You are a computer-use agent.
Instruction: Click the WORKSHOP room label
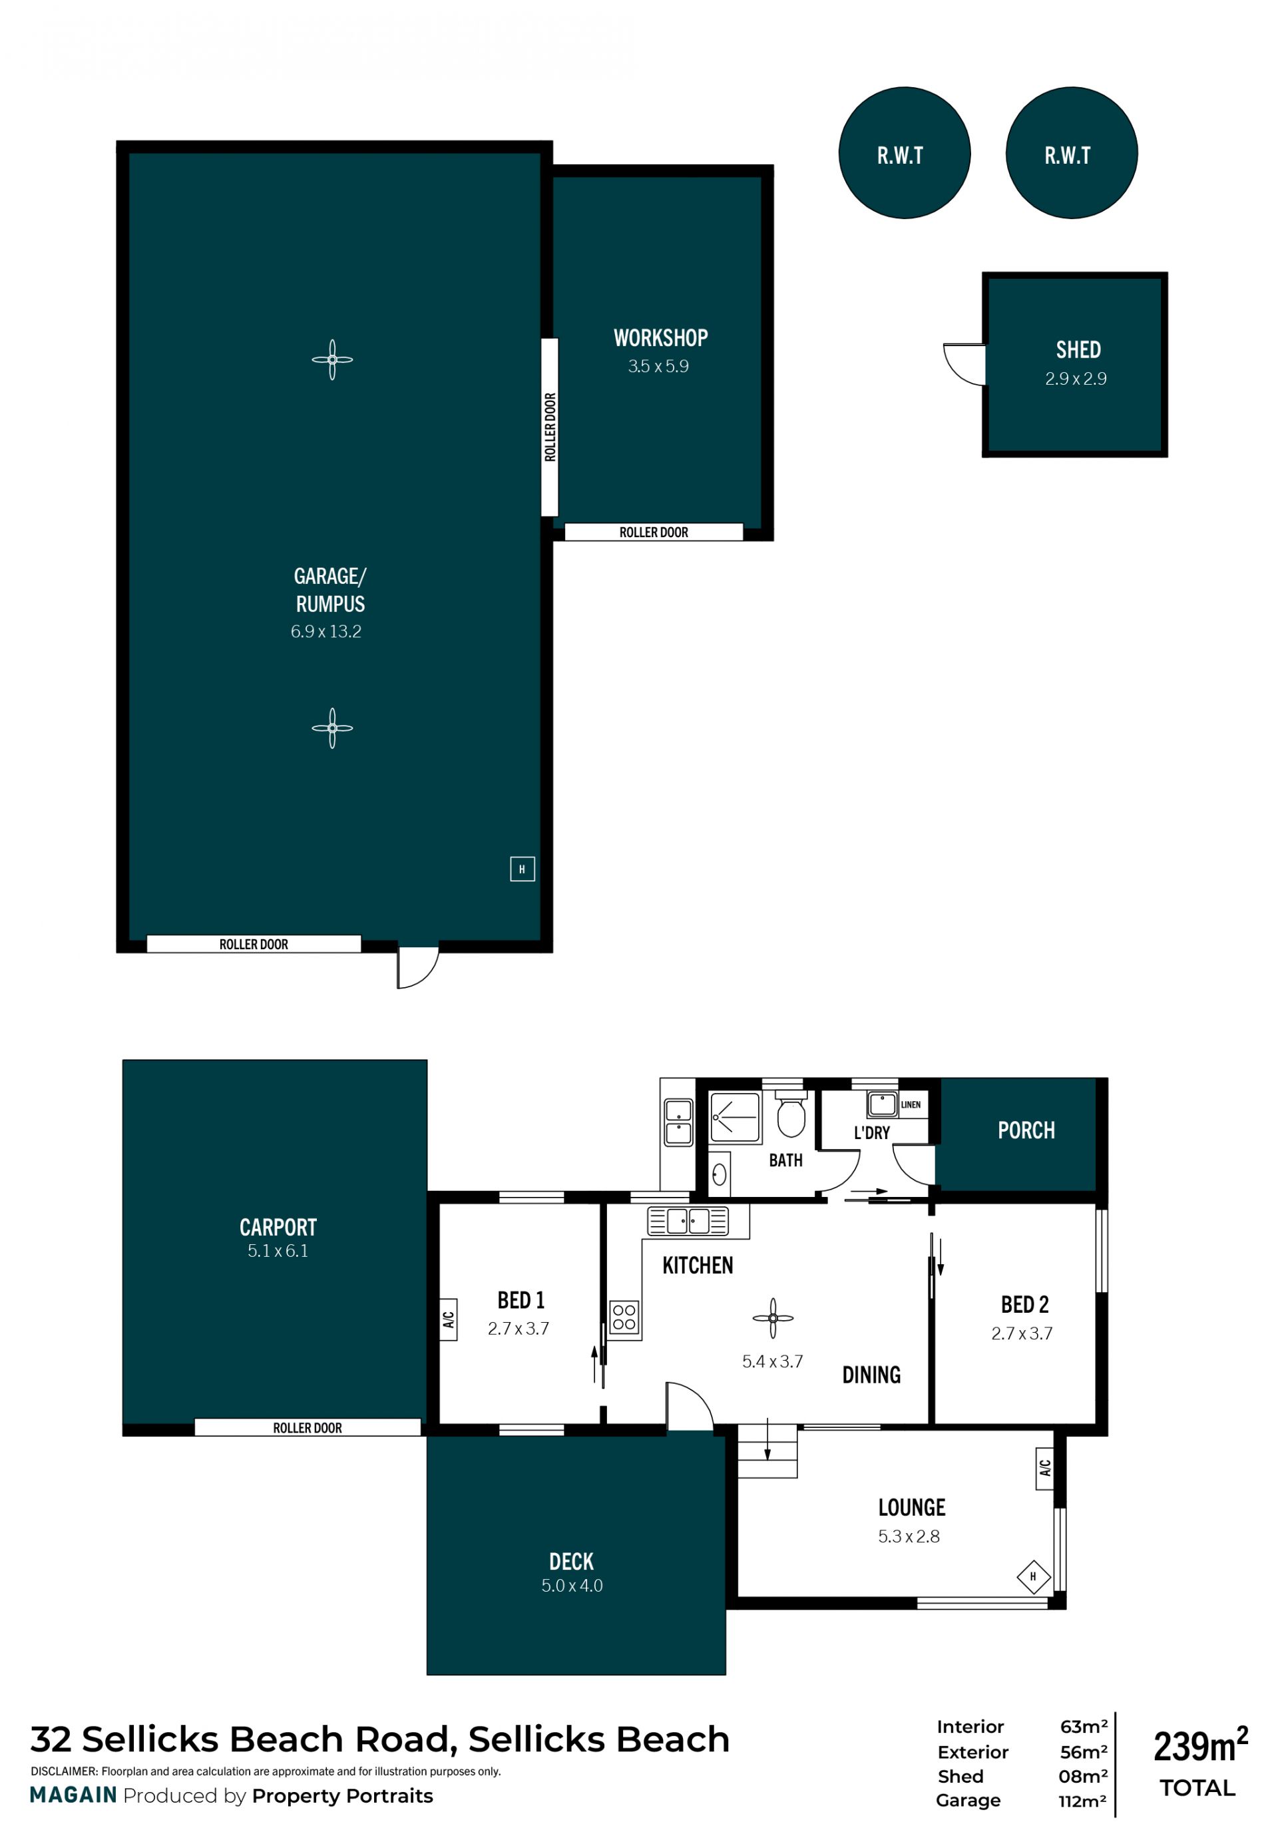tap(660, 338)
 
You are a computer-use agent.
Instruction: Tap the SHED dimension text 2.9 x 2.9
tap(1076, 379)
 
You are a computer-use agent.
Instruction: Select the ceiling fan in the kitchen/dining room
tap(773, 1318)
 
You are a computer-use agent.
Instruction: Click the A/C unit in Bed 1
tap(449, 1319)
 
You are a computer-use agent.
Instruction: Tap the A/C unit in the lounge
tap(1044, 1467)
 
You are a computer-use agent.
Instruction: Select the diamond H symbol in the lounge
tap(1034, 1576)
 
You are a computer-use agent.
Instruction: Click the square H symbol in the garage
tap(522, 869)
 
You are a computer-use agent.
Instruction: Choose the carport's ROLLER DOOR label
tap(308, 1427)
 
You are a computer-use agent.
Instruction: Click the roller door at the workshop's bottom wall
tap(654, 532)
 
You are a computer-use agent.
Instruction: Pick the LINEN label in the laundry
tap(911, 1104)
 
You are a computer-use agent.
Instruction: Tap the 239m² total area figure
tap(1200, 1745)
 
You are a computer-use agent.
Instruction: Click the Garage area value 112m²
tap(1083, 1801)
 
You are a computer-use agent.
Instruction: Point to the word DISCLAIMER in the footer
tap(64, 1771)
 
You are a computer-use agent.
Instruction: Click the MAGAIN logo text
tap(73, 1795)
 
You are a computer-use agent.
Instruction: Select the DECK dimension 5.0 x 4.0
tap(572, 1585)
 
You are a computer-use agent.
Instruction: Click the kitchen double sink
tap(688, 1220)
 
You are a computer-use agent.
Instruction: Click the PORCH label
tap(1026, 1130)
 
